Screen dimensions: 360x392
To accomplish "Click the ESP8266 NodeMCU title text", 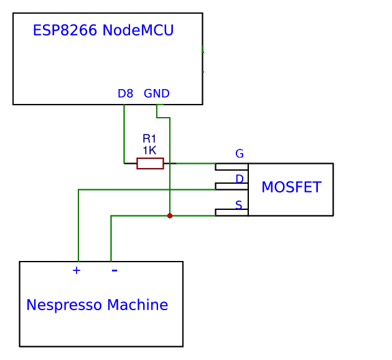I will pyautogui.click(x=103, y=31).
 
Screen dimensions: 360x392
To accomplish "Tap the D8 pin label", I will pyautogui.click(x=125, y=94).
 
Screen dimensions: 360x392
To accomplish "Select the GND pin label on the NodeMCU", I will pyautogui.click(x=156, y=94).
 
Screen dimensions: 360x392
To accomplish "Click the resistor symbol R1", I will pyautogui.click(x=150, y=163).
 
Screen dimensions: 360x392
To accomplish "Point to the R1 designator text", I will pyautogui.click(x=149, y=139).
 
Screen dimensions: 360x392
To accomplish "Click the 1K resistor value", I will pyautogui.click(x=149, y=150).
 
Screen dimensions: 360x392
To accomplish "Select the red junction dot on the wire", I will pyautogui.click(x=170, y=216).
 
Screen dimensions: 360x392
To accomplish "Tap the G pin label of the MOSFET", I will pyautogui.click(x=239, y=154).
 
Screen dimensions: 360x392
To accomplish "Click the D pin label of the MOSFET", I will pyautogui.click(x=239, y=179).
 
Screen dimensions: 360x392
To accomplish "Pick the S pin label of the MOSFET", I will pyautogui.click(x=238, y=205).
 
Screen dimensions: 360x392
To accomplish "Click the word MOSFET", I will pyautogui.click(x=291, y=187).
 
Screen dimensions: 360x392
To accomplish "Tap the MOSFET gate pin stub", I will pyautogui.click(x=231, y=166).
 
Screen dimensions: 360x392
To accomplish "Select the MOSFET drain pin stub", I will pyautogui.click(x=231, y=186).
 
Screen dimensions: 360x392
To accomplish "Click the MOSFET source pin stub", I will pyautogui.click(x=231, y=212).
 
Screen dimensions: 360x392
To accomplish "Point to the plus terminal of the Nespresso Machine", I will pyautogui.click(x=77, y=270).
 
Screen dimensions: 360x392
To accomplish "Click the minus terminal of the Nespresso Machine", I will pyautogui.click(x=114, y=270).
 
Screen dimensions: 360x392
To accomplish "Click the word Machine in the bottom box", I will pyautogui.click(x=138, y=305).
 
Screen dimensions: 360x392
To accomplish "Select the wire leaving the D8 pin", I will pyautogui.click(x=124, y=134).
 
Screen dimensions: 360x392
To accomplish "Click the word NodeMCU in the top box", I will pyautogui.click(x=138, y=31).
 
